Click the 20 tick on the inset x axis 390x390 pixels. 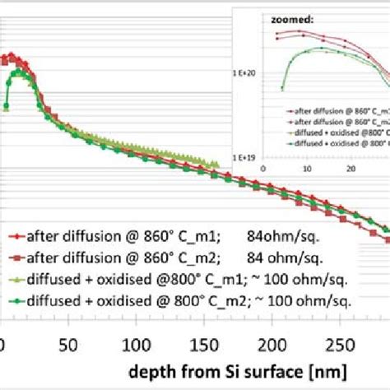[x=351, y=168]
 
